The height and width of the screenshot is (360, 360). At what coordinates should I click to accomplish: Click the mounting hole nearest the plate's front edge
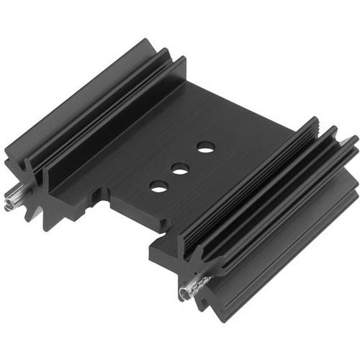click(158, 186)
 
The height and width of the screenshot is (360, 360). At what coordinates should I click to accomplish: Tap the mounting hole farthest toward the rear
click(204, 147)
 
